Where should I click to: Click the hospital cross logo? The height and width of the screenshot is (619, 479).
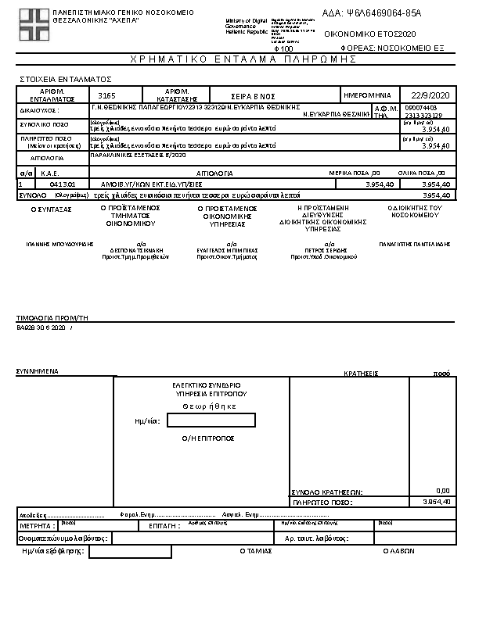click(x=33, y=24)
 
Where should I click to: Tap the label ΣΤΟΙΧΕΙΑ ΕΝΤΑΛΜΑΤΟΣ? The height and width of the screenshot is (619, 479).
click(x=65, y=79)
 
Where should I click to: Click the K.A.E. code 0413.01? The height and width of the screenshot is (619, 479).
click(x=62, y=184)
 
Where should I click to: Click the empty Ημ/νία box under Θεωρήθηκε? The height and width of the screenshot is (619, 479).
click(x=211, y=420)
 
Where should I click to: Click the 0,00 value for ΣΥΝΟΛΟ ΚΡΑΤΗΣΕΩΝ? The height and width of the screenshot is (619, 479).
click(x=442, y=491)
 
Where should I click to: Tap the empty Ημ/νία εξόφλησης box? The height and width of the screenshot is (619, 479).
click(x=130, y=552)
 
